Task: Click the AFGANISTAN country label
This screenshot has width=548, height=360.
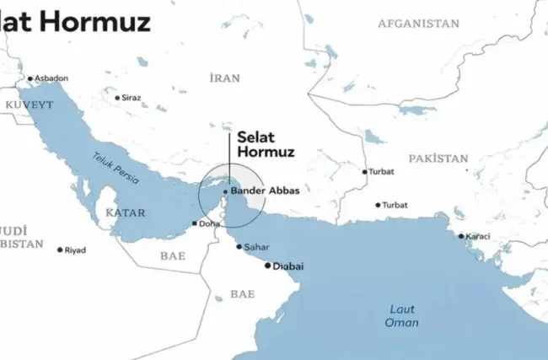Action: click(419, 24)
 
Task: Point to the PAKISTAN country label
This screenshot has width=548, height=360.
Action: click(438, 159)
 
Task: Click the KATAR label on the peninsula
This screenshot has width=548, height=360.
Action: click(126, 213)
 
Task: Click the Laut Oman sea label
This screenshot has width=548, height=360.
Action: click(402, 316)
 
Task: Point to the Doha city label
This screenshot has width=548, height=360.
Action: click(208, 223)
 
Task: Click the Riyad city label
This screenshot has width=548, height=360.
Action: click(77, 250)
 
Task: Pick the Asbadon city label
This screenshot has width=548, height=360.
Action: click(51, 78)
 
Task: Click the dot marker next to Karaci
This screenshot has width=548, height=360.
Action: click(461, 236)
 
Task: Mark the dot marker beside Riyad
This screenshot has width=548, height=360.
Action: click(60, 250)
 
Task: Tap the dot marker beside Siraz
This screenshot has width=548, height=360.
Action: click(117, 98)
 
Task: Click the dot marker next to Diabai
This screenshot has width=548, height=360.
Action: click(268, 266)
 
